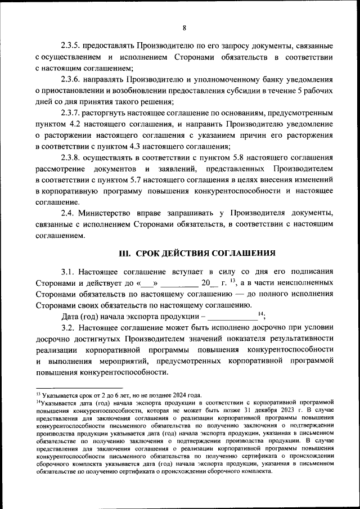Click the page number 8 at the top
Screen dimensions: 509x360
click(184, 28)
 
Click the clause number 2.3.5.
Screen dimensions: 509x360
click(72, 45)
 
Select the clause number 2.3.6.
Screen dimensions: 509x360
click(72, 79)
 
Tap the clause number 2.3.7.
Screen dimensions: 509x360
click(72, 112)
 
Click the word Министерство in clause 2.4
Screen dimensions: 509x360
click(103, 214)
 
